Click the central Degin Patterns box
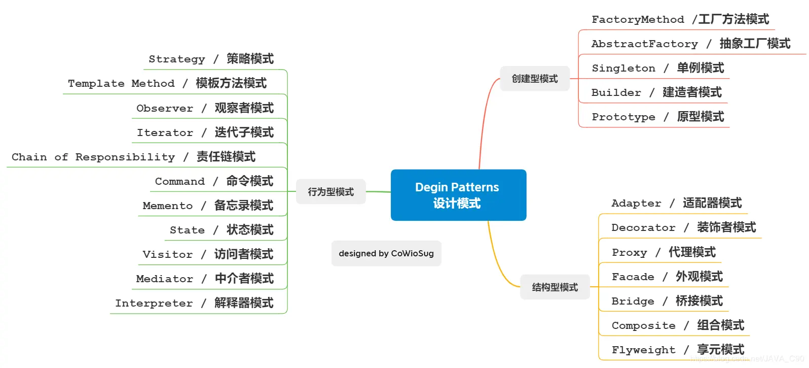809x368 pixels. coord(458,195)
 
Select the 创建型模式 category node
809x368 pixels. coord(534,79)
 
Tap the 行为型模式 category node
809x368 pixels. coord(330,192)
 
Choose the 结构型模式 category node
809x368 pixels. coord(555,287)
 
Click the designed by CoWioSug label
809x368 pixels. coord(386,253)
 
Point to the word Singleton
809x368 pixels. coord(623,68)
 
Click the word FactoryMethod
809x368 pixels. coord(638,20)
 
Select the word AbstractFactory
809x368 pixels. coord(644,44)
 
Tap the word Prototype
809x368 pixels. coord(623,117)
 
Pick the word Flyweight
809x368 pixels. coord(643,350)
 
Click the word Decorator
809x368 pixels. coord(643,228)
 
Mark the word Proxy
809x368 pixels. coord(629,252)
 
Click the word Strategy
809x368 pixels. coord(177,59)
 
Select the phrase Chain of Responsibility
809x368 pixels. coord(93,157)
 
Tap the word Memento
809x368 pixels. coord(168,206)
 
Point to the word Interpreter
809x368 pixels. coord(154,303)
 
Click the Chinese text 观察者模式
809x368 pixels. coord(244,108)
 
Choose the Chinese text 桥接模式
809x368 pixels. coord(699,301)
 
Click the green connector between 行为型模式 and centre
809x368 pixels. coord(378,192)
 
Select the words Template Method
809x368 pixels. coord(121,83)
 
